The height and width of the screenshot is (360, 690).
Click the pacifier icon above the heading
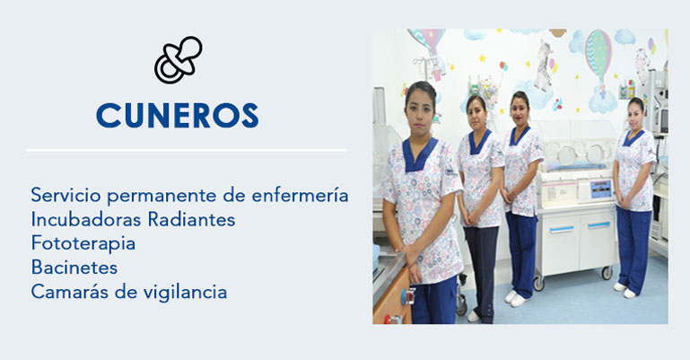pos(178,60)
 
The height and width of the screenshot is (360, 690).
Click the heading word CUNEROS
pos(178,116)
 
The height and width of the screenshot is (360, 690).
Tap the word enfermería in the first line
pos(300,196)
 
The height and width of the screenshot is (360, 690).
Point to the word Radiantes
pos(191,219)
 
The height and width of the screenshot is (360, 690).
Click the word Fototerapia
pos(83,243)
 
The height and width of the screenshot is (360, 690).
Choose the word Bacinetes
pos(74,268)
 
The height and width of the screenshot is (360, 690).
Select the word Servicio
pos(66,196)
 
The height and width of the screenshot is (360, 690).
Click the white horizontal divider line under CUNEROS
pos(187,151)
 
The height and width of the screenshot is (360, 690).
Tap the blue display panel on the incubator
pos(601,189)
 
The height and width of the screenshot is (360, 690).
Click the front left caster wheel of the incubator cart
pos(538,284)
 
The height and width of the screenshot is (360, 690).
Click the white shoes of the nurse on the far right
pos(624,290)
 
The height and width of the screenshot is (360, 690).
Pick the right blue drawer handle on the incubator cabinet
pos(598,225)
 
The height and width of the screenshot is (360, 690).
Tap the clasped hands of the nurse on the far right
pos(624,203)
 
